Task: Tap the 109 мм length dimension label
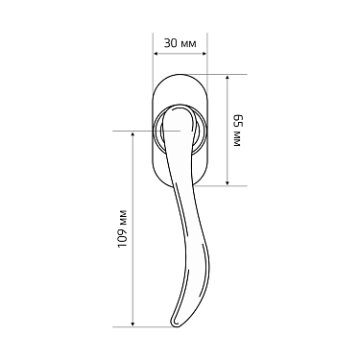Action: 121,227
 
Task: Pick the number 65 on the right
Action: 236,122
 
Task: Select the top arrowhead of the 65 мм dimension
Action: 227,78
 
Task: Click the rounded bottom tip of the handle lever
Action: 176,323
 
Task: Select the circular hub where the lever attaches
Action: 178,130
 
